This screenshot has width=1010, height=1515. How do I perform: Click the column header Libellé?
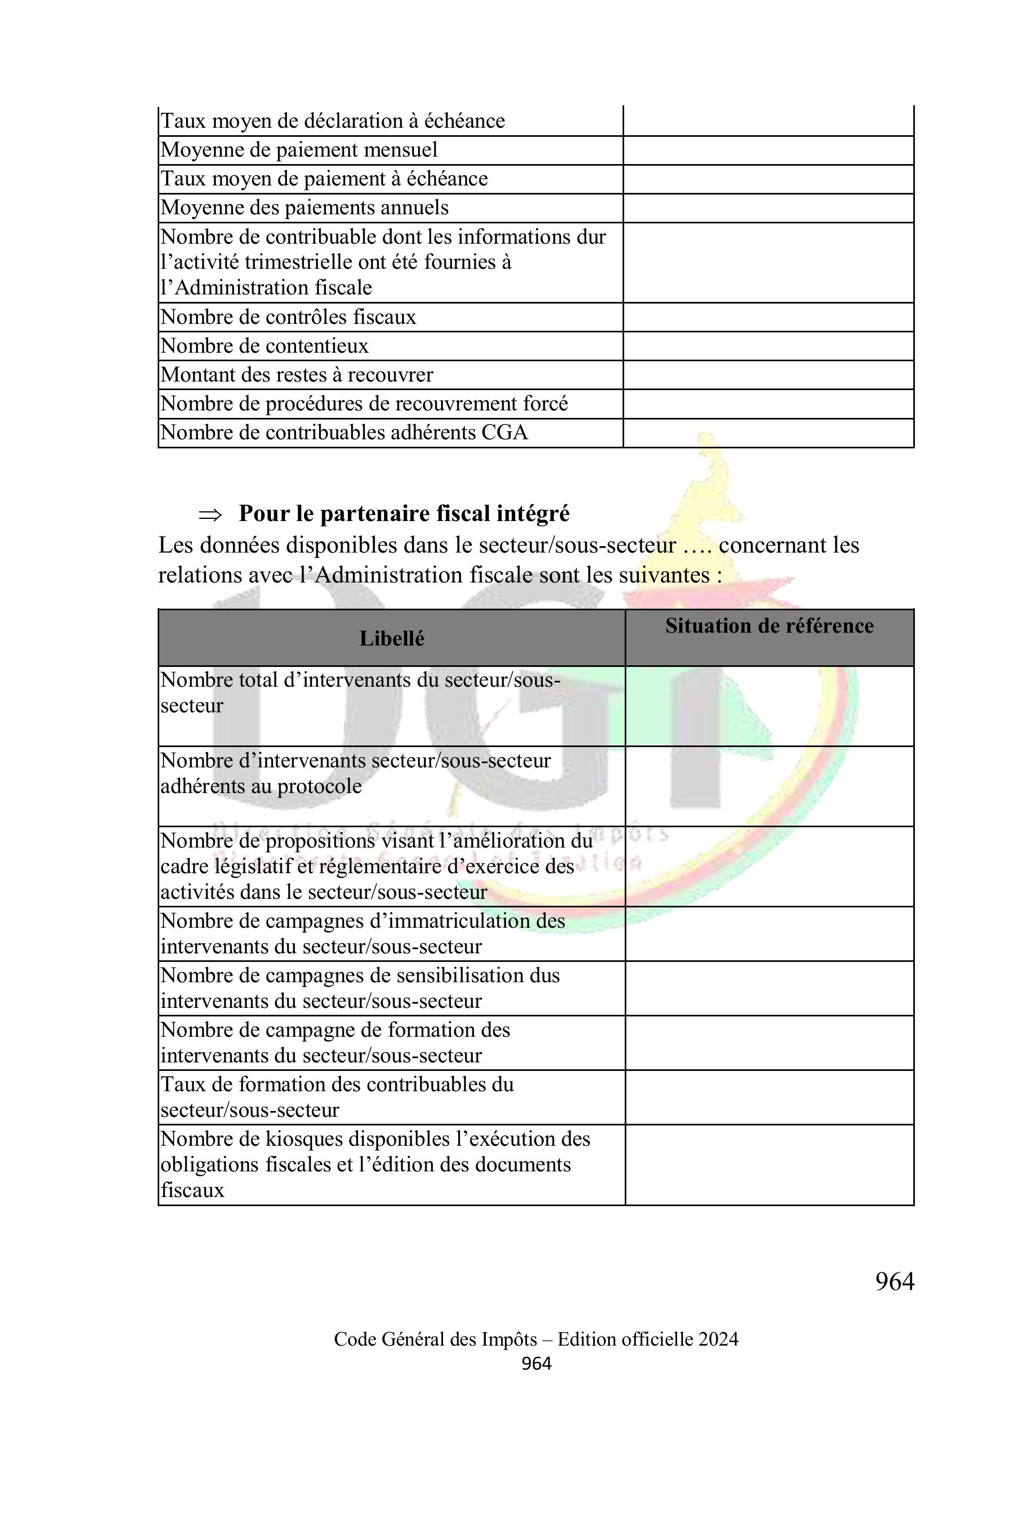(392, 639)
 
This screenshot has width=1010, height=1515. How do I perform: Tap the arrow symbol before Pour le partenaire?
(210, 515)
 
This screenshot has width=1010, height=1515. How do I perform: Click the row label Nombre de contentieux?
(264, 346)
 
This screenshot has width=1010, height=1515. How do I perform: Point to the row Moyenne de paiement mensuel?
(299, 150)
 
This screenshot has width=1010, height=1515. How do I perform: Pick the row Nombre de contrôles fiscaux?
(288, 317)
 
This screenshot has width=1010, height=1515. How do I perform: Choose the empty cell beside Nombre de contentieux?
(768, 346)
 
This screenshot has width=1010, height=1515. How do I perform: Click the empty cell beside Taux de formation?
(769, 1097)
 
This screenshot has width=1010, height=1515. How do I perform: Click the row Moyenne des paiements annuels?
(304, 208)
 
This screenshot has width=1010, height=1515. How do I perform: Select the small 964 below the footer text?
(536, 1364)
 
